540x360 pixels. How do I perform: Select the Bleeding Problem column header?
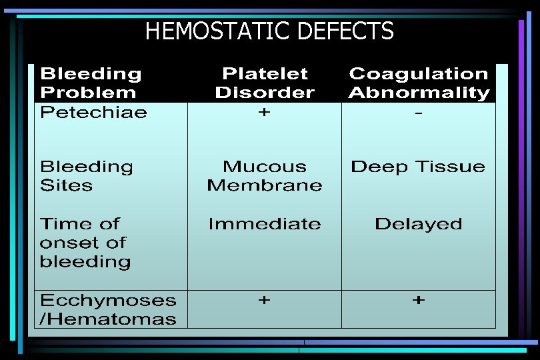(91, 83)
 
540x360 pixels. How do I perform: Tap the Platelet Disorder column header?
(265, 83)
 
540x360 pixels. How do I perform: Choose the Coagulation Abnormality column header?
(419, 83)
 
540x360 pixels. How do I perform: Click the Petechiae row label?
(93, 112)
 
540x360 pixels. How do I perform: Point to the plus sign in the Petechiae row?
(265, 113)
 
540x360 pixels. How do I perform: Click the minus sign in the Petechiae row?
(418, 114)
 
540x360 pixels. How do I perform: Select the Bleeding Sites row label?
(87, 175)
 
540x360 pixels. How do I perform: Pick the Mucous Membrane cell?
(265, 175)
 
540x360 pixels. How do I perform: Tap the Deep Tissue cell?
(418, 167)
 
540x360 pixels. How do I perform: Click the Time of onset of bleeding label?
(85, 243)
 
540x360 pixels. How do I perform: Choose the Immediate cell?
(265, 224)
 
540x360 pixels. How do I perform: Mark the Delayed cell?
(418, 224)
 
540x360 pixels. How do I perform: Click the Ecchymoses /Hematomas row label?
(108, 309)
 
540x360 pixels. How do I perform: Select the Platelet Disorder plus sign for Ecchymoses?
(265, 301)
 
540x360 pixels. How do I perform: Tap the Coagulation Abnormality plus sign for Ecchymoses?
(418, 301)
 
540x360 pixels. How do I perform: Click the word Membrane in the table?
(265, 185)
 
